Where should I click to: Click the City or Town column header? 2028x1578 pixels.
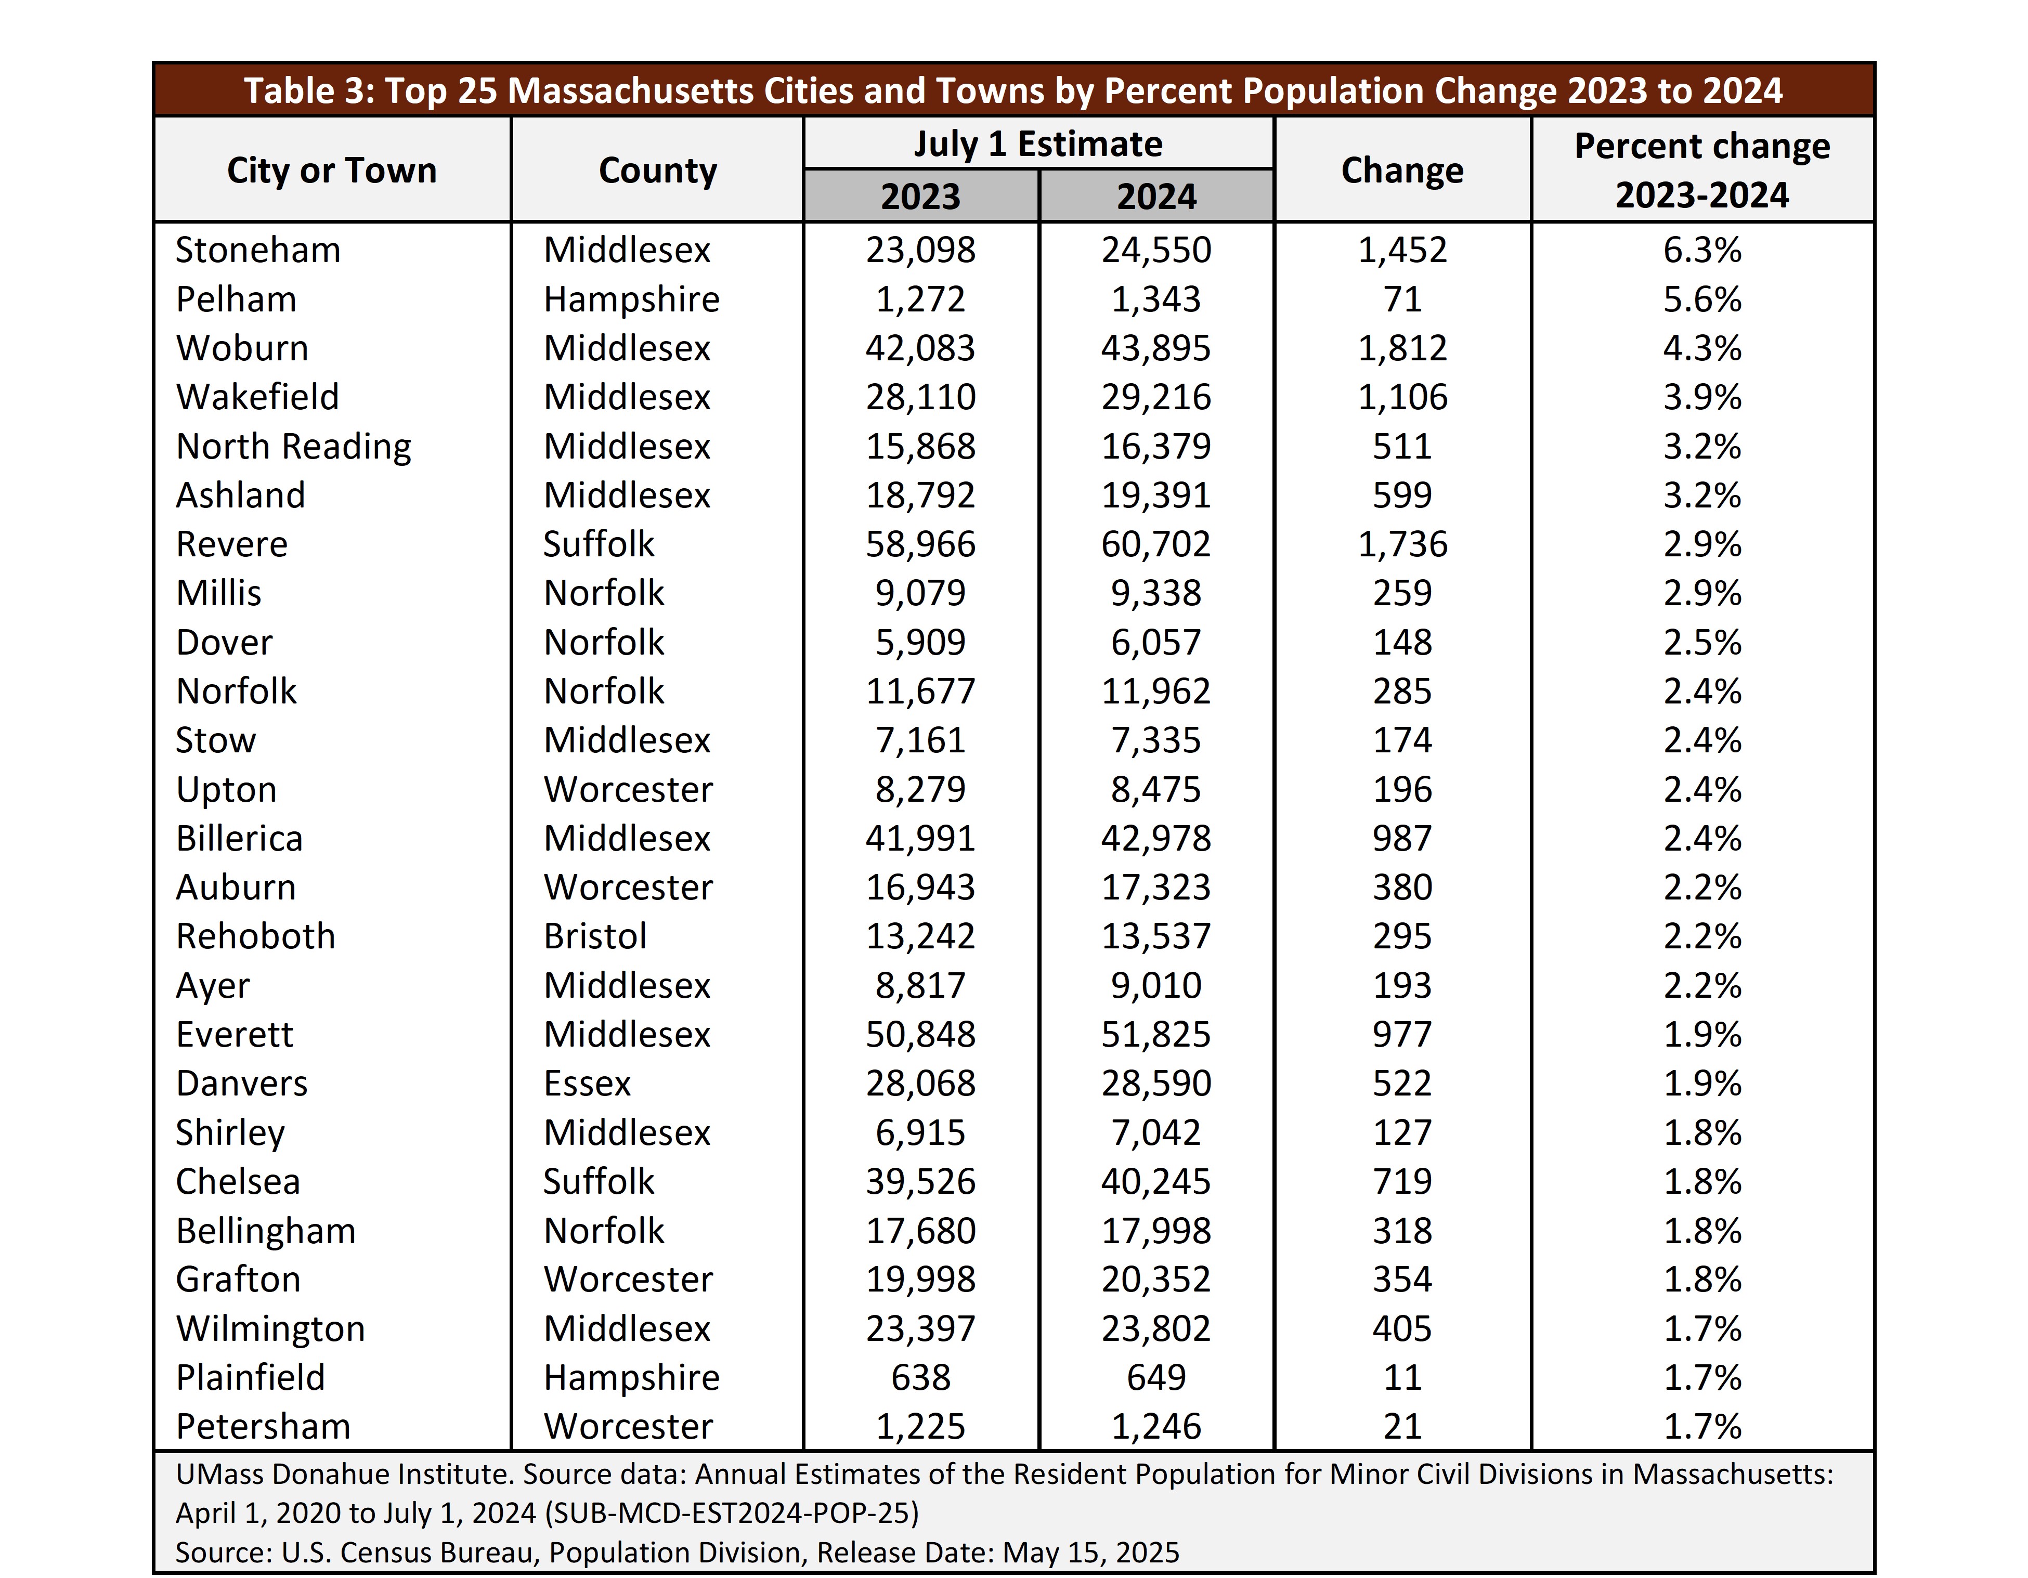coord(332,171)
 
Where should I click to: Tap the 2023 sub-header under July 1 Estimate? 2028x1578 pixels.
coord(920,197)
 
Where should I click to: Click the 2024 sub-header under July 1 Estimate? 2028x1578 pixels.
coord(1156,197)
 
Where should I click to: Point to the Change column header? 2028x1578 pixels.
coord(1402,171)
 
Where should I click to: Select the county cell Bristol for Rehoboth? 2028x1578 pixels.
coord(595,936)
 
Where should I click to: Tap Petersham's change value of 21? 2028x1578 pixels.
coord(1402,1427)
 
